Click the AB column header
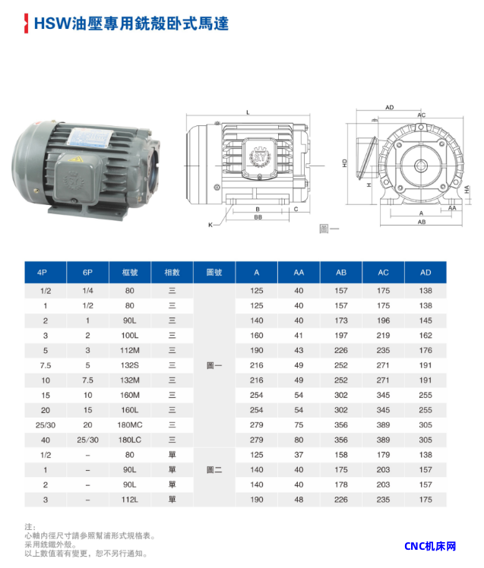341,273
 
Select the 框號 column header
130,273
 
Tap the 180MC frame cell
130,425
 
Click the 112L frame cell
130,500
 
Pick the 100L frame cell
130,336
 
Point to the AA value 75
299,425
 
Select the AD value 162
425,336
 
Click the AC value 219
383,336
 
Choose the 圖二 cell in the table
214,470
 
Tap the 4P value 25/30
46,425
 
